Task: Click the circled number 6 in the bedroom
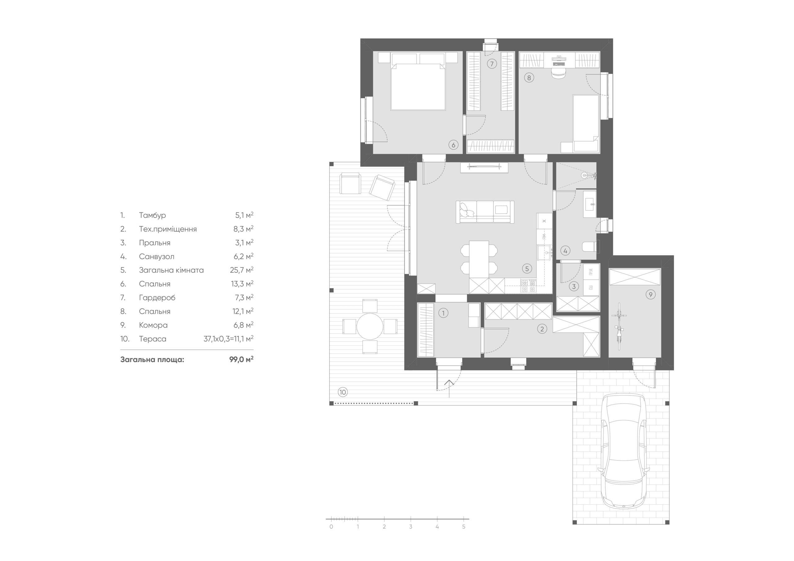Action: [x=453, y=145]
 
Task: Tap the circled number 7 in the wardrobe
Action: [x=491, y=64]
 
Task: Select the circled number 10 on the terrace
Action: [x=342, y=392]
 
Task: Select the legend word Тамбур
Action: [x=153, y=215]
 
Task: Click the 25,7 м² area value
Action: [x=244, y=270]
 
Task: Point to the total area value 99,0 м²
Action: [x=241, y=360]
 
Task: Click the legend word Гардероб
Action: [x=157, y=298]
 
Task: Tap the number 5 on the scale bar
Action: [x=464, y=537]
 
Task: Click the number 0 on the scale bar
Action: [x=331, y=537]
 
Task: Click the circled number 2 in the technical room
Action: [x=542, y=329]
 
